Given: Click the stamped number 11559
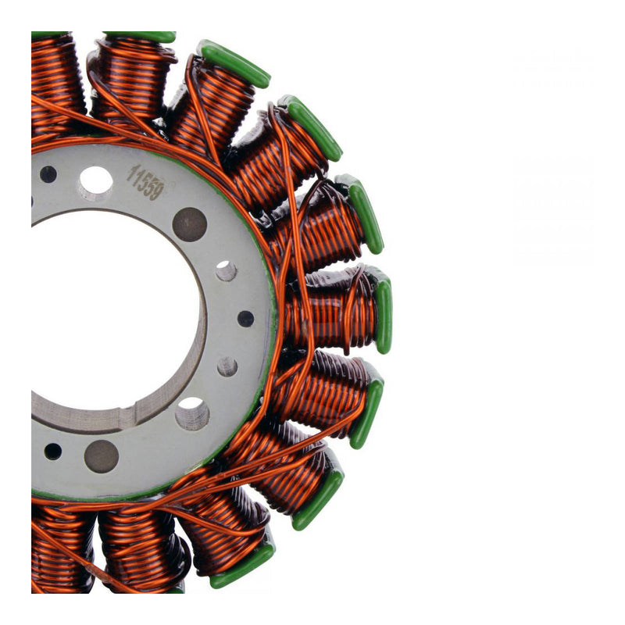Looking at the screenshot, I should coord(145,183).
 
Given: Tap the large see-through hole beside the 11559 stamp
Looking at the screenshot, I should coord(95,181).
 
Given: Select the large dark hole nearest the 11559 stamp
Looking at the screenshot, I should coord(190,224).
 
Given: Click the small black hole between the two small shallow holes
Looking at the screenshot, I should coord(245,319).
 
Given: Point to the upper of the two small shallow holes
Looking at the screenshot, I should coord(227,271).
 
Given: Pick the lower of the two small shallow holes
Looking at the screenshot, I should coord(227,366).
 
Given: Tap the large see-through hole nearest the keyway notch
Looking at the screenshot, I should coord(191,413).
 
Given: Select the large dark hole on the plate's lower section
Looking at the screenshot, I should coord(102,455).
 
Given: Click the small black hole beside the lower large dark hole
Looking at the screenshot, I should coord(52,451).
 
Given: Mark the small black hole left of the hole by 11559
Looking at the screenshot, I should coord(48,173).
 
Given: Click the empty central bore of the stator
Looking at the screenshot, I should coord(109,312).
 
